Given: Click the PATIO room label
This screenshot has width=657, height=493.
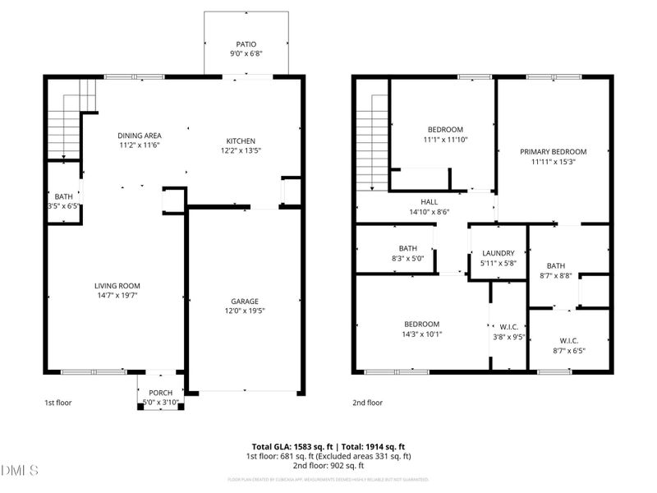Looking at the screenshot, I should (246, 44).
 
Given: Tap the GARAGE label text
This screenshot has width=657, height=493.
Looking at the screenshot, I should (245, 300).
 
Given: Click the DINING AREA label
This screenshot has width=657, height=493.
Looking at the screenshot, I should (139, 136).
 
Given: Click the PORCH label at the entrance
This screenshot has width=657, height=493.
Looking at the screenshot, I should (160, 392).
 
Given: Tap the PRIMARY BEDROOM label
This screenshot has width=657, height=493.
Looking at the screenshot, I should (553, 152).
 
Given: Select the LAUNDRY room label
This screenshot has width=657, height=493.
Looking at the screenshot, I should (498, 253).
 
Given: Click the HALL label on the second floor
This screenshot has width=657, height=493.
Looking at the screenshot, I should (430, 201).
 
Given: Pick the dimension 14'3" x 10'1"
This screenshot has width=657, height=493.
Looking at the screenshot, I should (421, 334).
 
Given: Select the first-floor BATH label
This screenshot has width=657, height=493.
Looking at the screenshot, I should (63, 196).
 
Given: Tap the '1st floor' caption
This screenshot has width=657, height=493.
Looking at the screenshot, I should (59, 403).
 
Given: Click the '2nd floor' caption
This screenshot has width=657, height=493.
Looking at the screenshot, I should (368, 403).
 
